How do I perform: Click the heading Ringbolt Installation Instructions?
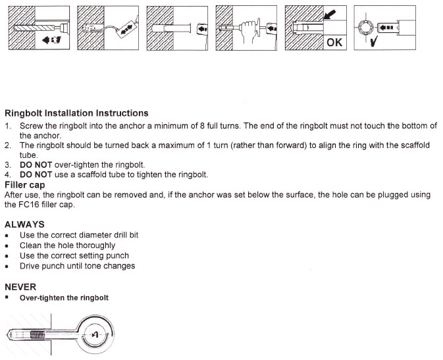(76, 113)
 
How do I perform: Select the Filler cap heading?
(25, 185)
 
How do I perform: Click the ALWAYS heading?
(24, 224)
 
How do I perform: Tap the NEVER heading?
(20, 287)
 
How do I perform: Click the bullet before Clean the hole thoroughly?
(7, 245)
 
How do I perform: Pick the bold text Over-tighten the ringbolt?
(64, 297)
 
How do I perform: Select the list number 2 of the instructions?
(8, 145)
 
